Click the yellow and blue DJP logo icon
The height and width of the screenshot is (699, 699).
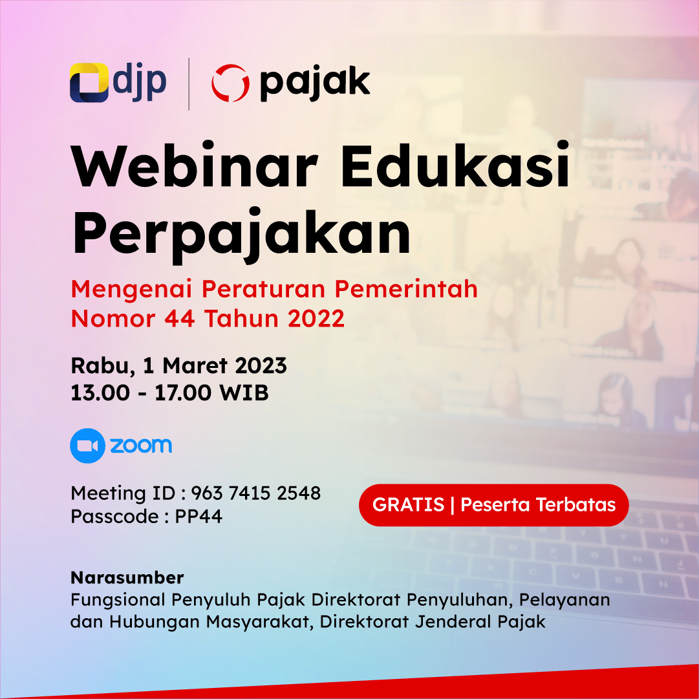(x=89, y=83)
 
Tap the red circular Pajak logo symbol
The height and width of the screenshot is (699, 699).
(x=230, y=83)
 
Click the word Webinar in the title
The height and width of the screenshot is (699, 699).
(x=195, y=166)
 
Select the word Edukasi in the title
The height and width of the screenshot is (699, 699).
(x=455, y=165)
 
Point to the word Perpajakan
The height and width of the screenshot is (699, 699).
(x=241, y=234)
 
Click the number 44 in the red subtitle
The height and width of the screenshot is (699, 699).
(x=179, y=319)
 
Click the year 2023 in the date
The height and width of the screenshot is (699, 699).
(x=261, y=365)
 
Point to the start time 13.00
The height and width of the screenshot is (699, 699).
(x=100, y=393)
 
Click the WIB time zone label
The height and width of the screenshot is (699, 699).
(x=244, y=393)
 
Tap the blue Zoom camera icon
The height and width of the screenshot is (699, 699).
(x=88, y=446)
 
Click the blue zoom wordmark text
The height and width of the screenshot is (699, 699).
(x=141, y=446)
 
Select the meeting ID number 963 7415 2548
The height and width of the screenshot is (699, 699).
(x=256, y=493)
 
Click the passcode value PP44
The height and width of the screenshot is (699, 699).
(x=199, y=516)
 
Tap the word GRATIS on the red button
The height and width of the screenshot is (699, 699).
(x=409, y=504)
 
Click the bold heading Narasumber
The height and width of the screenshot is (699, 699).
(x=127, y=577)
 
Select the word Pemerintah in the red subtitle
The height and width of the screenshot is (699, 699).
(x=406, y=289)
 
